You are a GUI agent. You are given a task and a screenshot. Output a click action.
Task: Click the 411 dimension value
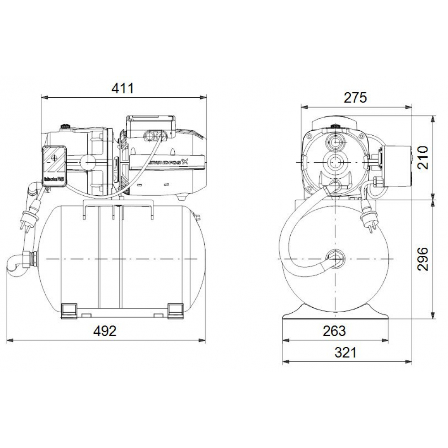point(122,88)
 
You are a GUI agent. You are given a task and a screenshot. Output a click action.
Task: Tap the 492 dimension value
point(105,331)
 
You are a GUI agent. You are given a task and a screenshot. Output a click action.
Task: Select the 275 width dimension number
point(355,97)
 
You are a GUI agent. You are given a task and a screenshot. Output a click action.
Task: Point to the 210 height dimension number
point(423,157)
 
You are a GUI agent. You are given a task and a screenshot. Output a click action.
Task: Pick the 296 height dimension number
point(423,258)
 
